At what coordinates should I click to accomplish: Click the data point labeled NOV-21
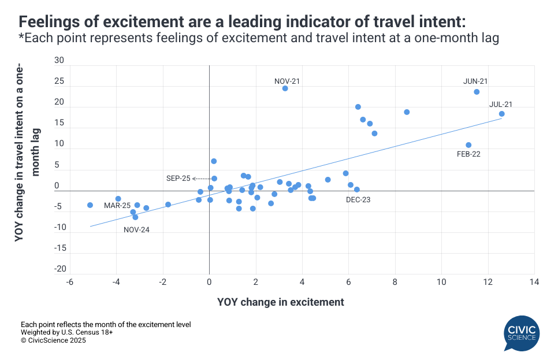click(285, 88)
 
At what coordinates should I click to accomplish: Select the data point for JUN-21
click(477, 92)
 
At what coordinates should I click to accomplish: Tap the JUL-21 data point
click(501, 114)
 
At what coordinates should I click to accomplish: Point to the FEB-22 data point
click(468, 145)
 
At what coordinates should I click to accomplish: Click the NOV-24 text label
click(137, 229)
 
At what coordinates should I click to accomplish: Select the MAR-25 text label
click(117, 206)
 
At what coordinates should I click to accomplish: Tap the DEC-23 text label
click(358, 200)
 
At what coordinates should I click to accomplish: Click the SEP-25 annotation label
click(178, 179)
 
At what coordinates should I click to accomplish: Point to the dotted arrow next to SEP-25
click(202, 179)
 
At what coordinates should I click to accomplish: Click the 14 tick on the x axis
click(534, 282)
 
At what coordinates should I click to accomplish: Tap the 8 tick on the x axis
click(395, 282)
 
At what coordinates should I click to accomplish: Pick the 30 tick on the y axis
click(59, 60)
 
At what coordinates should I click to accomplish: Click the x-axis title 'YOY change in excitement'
click(281, 302)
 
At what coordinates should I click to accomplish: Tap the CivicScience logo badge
click(522, 333)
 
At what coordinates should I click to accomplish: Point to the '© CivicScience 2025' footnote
click(53, 340)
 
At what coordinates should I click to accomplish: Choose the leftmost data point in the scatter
click(90, 205)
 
